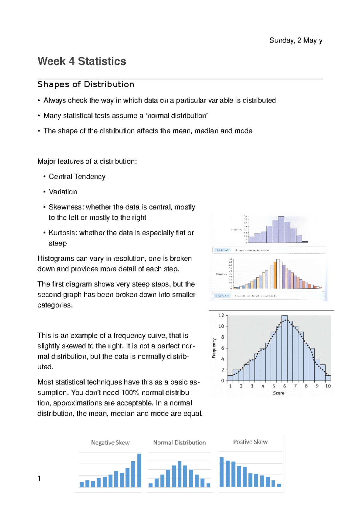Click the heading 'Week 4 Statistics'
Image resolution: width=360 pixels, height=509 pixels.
(x=82, y=61)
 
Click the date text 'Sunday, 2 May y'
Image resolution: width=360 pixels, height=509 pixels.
(x=295, y=40)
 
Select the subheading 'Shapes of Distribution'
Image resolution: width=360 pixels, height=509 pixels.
(x=85, y=85)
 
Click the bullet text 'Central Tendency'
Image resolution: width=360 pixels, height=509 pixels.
(x=77, y=177)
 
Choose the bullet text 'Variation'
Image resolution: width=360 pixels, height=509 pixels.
(x=63, y=192)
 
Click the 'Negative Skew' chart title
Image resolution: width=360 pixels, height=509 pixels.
(x=110, y=443)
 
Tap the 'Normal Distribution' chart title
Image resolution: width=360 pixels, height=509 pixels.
(x=179, y=443)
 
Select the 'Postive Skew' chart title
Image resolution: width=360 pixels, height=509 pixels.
(x=250, y=442)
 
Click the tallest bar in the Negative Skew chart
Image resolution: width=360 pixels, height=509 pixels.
(x=139, y=471)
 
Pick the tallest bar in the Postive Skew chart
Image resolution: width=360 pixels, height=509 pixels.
(x=222, y=472)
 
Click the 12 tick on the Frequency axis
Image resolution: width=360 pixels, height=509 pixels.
(x=221, y=315)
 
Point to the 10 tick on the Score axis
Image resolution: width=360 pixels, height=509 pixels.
(x=328, y=386)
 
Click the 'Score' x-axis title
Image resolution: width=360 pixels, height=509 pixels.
(x=278, y=393)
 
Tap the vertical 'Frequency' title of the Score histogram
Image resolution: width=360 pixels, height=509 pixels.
(x=214, y=348)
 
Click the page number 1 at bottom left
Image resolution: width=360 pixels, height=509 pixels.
(x=39, y=478)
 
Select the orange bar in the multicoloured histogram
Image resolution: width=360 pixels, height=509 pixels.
(x=275, y=275)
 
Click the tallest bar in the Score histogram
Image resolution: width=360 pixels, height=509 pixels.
(x=284, y=348)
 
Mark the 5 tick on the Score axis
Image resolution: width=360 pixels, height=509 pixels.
(x=274, y=386)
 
